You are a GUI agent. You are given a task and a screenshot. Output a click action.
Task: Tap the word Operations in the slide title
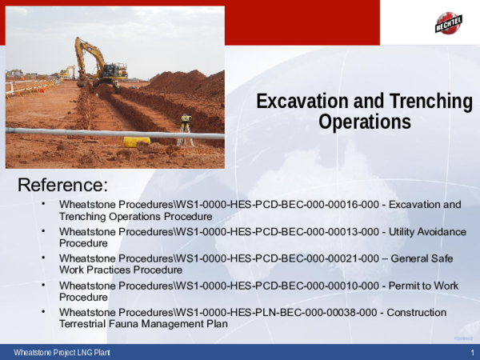point(364,122)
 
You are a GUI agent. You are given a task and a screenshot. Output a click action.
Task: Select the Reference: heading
point(62,186)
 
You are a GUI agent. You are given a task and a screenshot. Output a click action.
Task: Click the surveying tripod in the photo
point(186,130)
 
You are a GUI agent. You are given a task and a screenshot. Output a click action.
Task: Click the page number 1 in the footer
point(473,354)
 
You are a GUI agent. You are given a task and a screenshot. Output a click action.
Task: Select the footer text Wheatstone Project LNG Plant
point(62,354)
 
